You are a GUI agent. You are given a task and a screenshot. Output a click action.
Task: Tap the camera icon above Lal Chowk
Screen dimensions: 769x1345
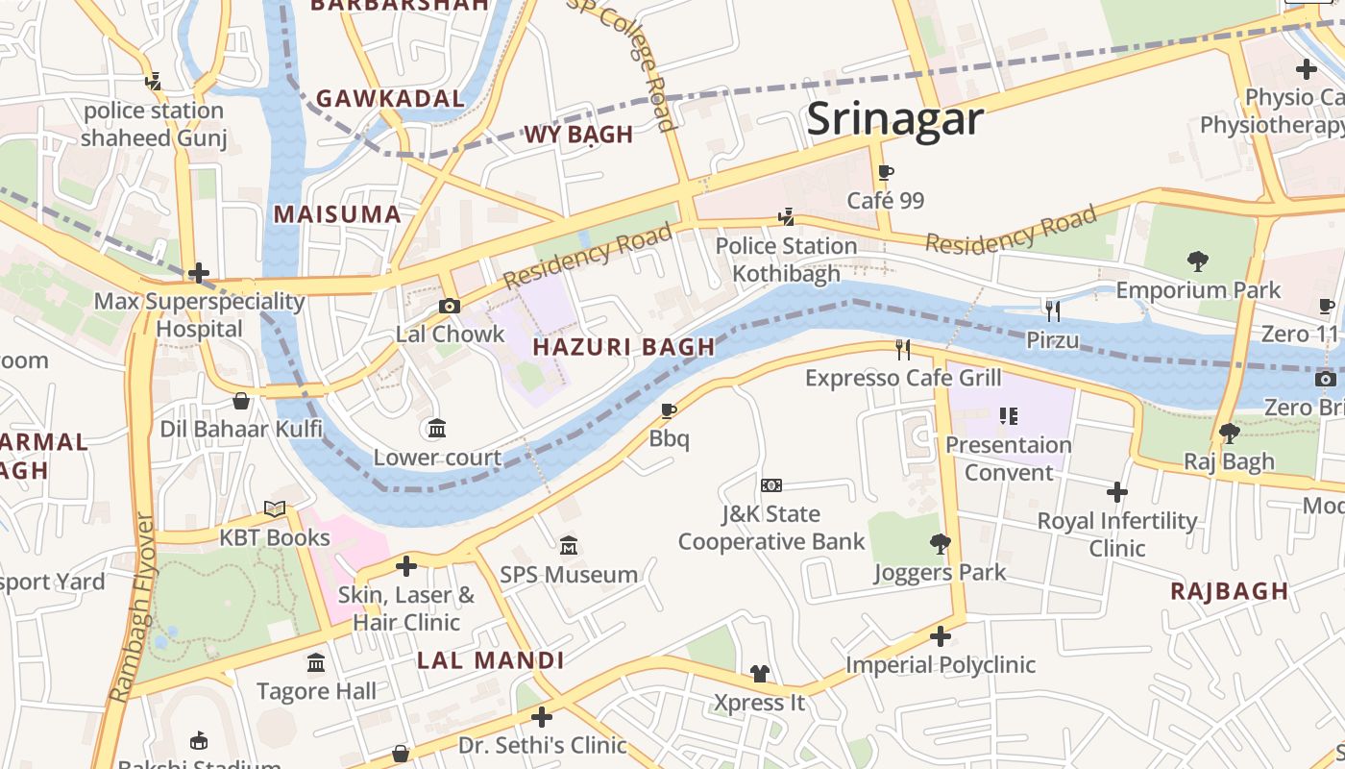[x=449, y=306]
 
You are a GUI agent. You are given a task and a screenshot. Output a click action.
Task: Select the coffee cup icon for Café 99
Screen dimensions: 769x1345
[x=886, y=173]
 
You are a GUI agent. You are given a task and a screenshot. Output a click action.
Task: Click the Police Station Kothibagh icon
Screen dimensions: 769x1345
[x=786, y=217]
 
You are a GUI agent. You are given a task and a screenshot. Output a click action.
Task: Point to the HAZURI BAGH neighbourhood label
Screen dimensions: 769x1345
[x=624, y=347]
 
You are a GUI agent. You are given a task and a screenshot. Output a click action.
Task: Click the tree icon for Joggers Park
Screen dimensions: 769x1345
[x=941, y=544]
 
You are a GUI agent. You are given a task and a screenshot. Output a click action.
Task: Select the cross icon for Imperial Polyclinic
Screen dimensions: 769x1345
[x=941, y=636]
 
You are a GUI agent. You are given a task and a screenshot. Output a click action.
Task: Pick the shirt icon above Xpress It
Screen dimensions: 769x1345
[x=760, y=674]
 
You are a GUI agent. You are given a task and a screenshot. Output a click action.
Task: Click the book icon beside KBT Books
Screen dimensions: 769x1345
[x=275, y=509]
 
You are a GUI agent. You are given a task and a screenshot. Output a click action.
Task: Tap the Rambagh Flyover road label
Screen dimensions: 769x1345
[x=133, y=608]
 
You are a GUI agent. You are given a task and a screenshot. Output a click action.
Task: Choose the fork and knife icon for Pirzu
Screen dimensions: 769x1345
[x=1053, y=310]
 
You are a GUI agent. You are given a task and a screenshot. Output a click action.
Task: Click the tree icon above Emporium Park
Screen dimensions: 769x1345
[x=1198, y=260]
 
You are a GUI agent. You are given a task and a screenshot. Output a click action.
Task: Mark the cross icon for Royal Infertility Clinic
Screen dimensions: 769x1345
[x=1116, y=492]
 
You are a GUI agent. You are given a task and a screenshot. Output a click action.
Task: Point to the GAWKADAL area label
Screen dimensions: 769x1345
[x=390, y=98]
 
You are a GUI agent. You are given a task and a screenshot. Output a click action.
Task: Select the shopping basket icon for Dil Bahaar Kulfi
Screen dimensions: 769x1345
[x=241, y=400]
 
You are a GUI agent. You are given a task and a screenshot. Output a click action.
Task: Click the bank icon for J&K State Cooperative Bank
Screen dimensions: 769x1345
[x=770, y=485]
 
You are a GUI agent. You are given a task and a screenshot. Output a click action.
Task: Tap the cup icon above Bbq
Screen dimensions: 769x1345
[x=670, y=411]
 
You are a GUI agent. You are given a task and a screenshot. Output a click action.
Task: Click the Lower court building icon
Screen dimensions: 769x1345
[x=437, y=428]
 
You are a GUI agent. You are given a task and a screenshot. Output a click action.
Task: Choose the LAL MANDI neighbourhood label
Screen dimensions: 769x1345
[x=490, y=660]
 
